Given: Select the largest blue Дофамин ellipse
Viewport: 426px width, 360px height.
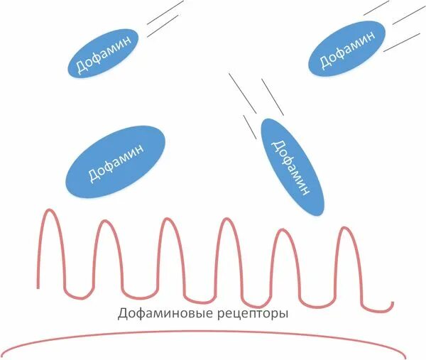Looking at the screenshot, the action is [115, 162].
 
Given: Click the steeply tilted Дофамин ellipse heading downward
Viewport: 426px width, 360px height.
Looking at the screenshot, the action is [292, 167].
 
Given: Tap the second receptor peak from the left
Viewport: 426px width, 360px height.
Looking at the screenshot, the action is [105, 222].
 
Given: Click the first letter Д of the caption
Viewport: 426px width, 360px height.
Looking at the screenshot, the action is [122, 313].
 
